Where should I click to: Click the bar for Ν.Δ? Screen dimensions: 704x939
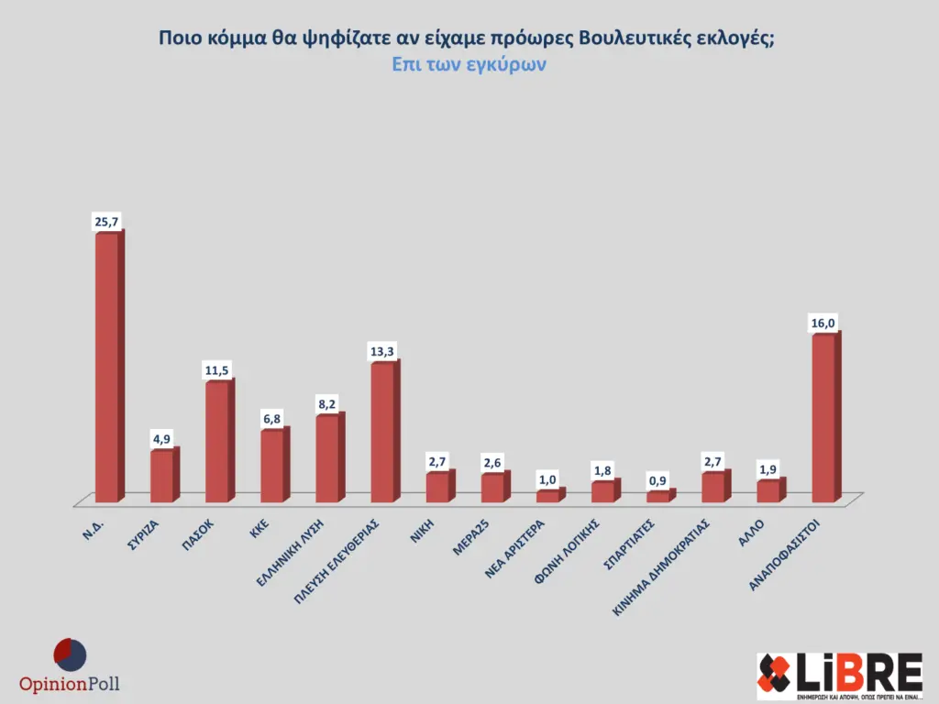(107, 367)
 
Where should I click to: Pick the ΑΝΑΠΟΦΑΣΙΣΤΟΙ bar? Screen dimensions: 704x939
(823, 418)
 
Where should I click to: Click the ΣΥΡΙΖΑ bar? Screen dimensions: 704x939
(162, 476)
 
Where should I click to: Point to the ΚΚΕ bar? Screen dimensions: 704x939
(272, 466)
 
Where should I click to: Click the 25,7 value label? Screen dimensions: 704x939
(106, 222)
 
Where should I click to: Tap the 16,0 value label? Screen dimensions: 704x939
(823, 323)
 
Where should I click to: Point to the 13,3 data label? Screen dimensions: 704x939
(383, 351)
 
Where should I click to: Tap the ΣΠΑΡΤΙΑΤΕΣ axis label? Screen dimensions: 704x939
(627, 546)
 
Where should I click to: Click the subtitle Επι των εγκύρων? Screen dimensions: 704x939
(469, 65)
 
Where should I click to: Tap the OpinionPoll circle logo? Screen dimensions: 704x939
(70, 654)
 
